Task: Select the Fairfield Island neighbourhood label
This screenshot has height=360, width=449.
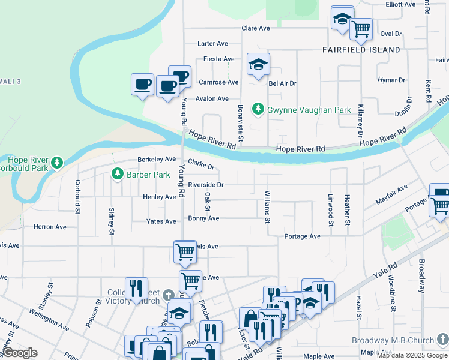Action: (361, 50)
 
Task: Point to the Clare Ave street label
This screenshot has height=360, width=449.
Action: (256, 28)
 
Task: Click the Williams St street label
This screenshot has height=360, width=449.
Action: (267, 206)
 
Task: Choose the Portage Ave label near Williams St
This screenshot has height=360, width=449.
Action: (303, 236)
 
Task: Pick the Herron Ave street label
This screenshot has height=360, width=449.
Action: (50, 227)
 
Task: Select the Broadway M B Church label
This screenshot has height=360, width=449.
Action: (393, 341)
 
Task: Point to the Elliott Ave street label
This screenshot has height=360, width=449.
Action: (401, 4)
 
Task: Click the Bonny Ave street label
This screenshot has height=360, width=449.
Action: (204, 218)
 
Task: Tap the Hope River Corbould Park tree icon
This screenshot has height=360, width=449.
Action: (57, 162)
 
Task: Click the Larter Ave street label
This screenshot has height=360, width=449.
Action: (214, 44)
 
